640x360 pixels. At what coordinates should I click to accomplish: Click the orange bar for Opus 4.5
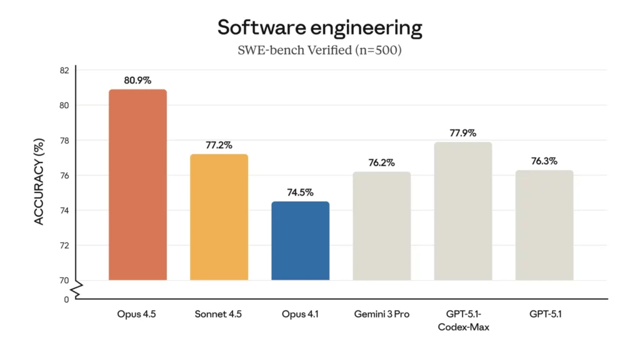pos(137,185)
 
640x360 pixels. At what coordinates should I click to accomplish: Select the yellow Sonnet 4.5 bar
pos(219,217)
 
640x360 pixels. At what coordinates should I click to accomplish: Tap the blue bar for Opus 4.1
pos(300,241)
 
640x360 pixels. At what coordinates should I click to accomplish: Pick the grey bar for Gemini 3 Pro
pos(381,226)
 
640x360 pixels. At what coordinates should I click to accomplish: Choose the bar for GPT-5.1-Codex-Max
pos(462,211)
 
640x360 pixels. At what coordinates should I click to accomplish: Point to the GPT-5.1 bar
pos(544,225)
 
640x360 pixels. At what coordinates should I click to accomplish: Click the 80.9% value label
pos(137,80)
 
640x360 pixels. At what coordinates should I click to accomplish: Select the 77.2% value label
pos(219,145)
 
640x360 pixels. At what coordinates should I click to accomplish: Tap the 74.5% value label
pos(300,192)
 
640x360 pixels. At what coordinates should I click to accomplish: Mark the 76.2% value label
pos(381,162)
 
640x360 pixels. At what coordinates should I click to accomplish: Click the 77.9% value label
pos(462,133)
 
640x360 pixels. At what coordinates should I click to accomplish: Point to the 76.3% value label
pos(544,161)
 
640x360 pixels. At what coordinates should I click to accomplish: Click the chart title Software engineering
pos(319,27)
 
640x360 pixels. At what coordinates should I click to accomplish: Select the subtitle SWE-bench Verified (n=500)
pos(319,50)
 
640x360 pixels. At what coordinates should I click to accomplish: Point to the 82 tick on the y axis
pos(64,70)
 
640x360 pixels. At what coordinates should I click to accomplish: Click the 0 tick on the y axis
pos(66,299)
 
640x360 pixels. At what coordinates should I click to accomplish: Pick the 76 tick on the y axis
pos(64,176)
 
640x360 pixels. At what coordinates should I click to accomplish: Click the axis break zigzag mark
pos(76,289)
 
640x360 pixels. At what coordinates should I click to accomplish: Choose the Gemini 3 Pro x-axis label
pos(381,314)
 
